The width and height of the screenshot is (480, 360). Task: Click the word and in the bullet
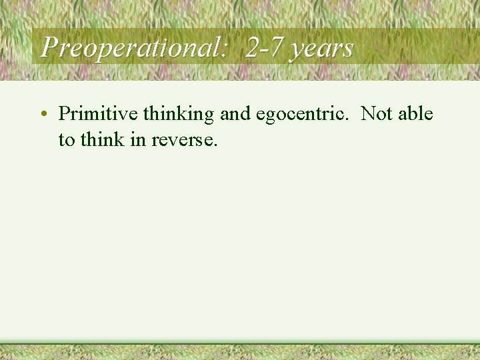[x=235, y=114]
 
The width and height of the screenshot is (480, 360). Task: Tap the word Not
[x=377, y=114]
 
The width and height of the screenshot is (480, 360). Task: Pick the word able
[x=415, y=114]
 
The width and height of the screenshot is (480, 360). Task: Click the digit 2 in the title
[x=252, y=48]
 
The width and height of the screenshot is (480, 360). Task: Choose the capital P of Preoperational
[x=48, y=47]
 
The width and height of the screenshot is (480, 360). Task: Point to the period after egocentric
[x=348, y=120]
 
